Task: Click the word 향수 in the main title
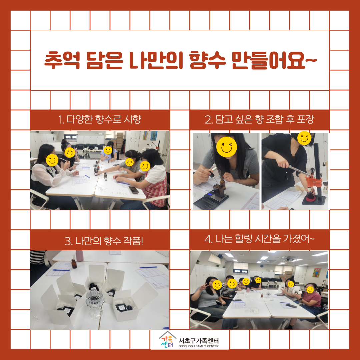tap(208, 60)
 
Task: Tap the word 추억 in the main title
tap(62, 60)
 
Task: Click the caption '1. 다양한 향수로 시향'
tap(100, 119)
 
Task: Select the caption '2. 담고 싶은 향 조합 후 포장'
tap(259, 119)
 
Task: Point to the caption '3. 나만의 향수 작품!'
tap(104, 241)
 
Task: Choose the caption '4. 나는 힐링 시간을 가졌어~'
tap(259, 239)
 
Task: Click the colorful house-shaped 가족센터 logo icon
tap(167, 340)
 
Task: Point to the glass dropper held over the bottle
tap(212, 176)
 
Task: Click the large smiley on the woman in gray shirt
tap(227, 147)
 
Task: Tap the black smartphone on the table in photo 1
tap(134, 190)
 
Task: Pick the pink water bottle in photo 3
tap(79, 256)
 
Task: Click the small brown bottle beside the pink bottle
tap(74, 264)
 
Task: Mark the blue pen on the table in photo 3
tap(148, 267)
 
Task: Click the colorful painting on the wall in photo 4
tap(317, 273)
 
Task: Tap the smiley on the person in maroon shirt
tap(310, 290)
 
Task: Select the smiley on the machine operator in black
tap(304, 138)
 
